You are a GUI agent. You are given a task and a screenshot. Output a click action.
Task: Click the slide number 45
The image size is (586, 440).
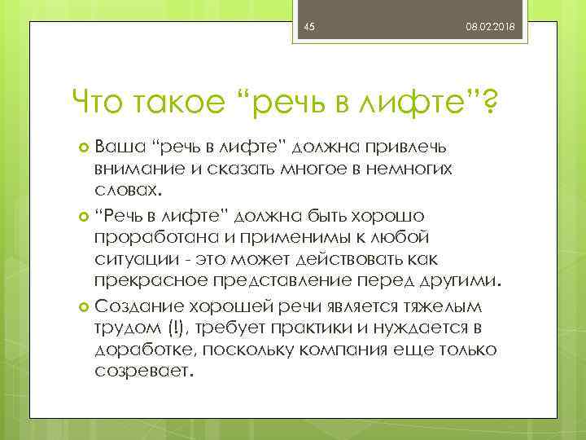click(x=308, y=28)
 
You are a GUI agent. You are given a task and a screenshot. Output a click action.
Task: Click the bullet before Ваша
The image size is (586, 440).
click(x=84, y=147)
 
